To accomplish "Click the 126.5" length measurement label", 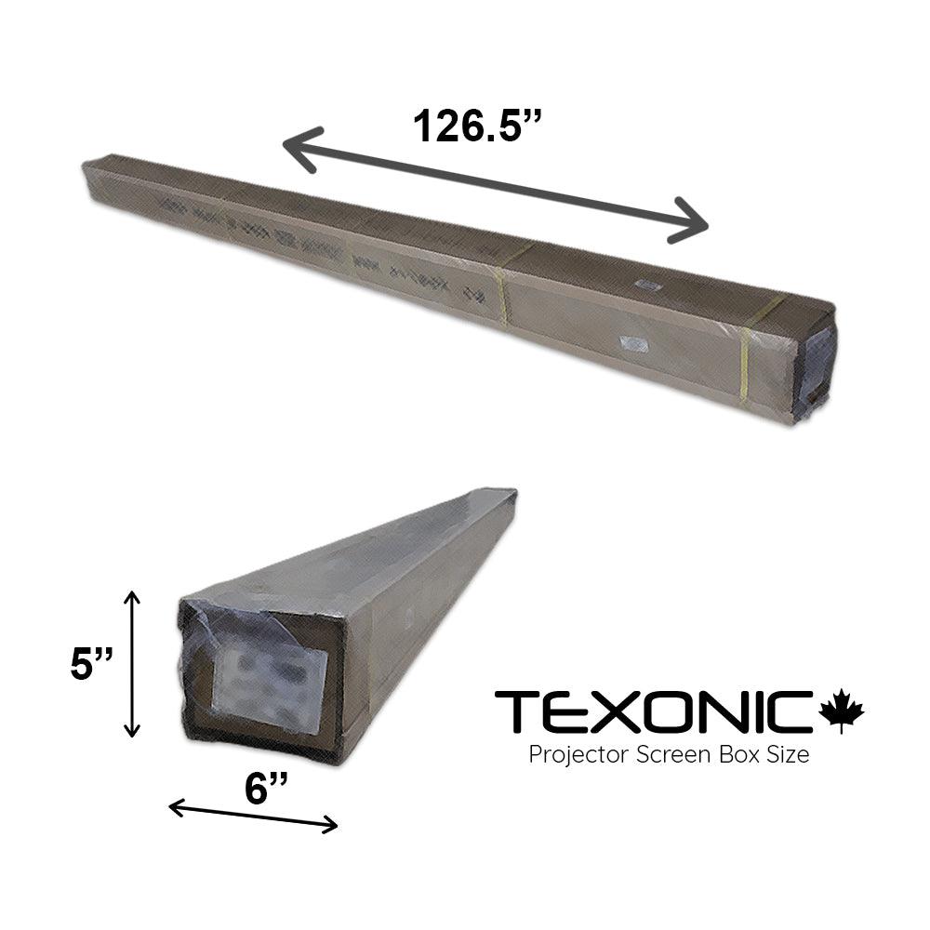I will coord(476,125).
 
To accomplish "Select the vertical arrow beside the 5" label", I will coord(134,663).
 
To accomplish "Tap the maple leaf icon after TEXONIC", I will coord(842,711).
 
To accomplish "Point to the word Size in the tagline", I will coord(788,754).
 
